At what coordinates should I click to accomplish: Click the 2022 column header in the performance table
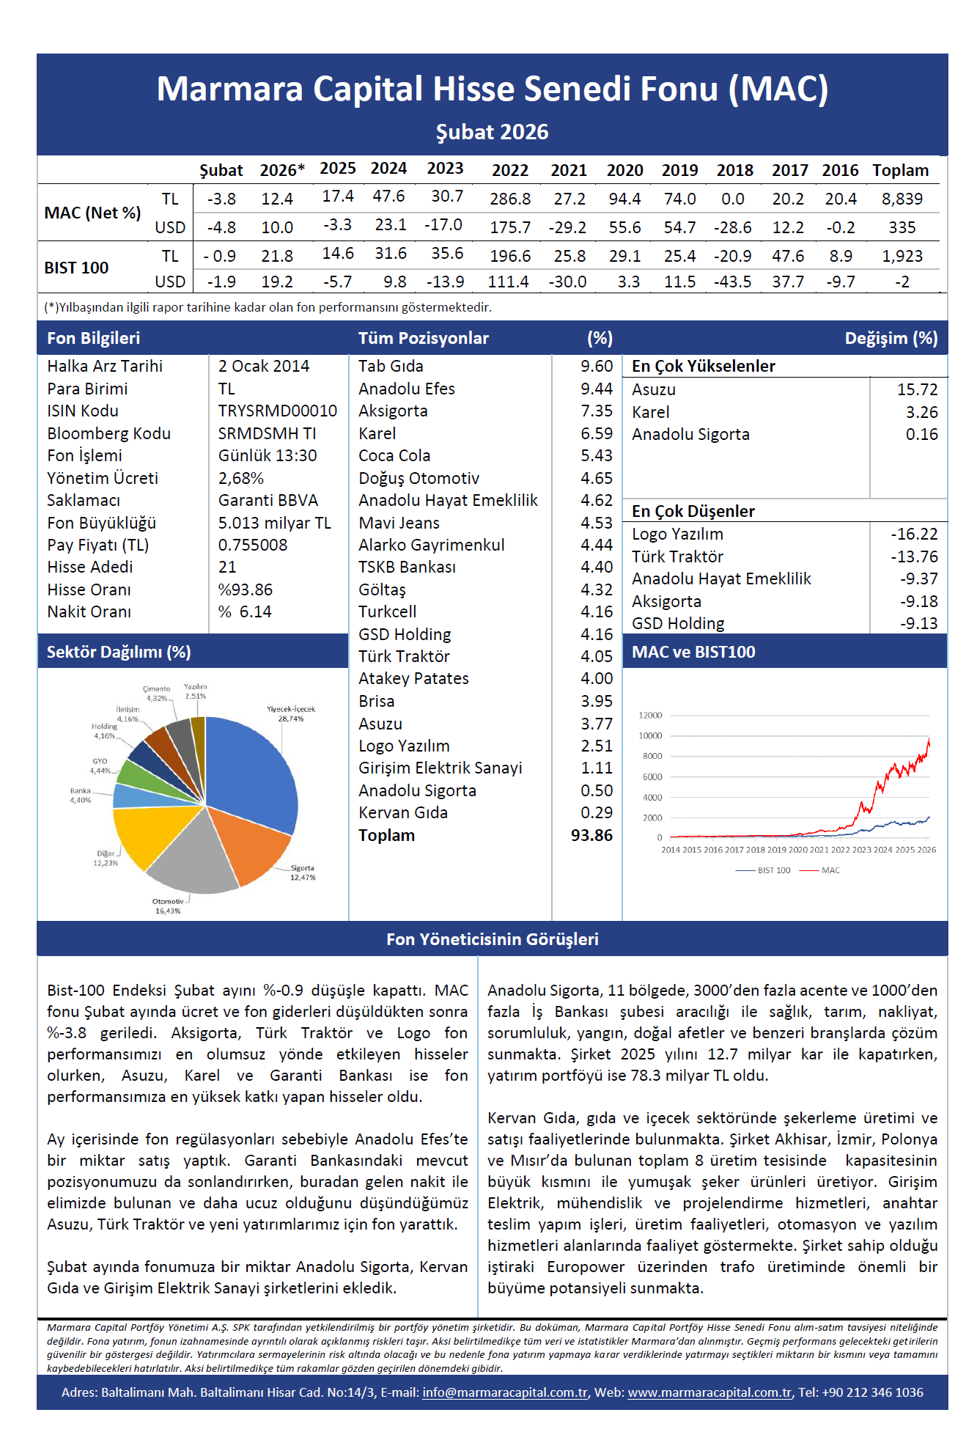tap(510, 170)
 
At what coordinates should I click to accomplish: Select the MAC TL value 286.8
tap(510, 199)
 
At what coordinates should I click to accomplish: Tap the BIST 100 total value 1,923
tap(902, 256)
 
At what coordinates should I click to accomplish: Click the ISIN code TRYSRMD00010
tap(278, 411)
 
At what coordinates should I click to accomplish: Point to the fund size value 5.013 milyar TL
tap(275, 523)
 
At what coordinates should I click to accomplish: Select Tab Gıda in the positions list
tap(391, 366)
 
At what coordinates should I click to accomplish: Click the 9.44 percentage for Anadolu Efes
tap(597, 389)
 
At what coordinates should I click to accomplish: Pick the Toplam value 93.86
tap(591, 835)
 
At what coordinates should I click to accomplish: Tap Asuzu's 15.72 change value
tap(918, 389)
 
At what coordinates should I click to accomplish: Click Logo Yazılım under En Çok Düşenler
tap(677, 534)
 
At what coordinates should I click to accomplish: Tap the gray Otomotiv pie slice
tap(192, 858)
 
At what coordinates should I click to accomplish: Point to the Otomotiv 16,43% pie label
tap(168, 906)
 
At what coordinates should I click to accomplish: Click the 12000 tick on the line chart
tap(650, 715)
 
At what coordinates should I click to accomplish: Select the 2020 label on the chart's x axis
tap(797, 850)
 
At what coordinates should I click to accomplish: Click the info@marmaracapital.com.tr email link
tap(505, 1392)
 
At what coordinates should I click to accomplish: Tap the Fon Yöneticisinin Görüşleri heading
tap(493, 939)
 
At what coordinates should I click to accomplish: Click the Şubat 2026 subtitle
tap(493, 132)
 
